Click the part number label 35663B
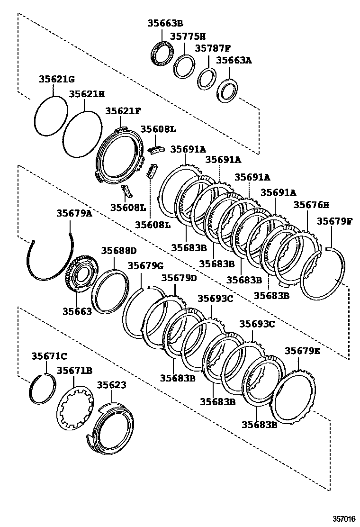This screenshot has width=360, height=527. click(x=165, y=23)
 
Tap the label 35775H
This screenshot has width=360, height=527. click(x=188, y=36)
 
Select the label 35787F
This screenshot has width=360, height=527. click(x=213, y=48)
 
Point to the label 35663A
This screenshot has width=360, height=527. click(x=234, y=60)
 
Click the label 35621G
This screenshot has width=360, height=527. click(x=56, y=79)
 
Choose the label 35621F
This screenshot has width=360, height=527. click(x=123, y=111)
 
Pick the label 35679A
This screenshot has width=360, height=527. click(x=74, y=214)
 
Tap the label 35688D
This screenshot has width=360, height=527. click(x=118, y=250)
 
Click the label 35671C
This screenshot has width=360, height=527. click(x=49, y=356)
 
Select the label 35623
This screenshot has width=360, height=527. click(x=112, y=385)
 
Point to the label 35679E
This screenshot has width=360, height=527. click(x=302, y=351)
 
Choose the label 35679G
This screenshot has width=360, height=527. click(x=145, y=265)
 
